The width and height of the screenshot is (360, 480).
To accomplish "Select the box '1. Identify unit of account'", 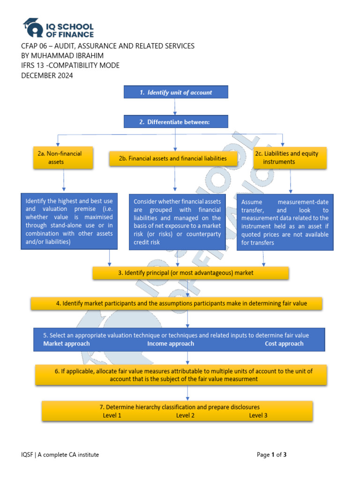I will (176, 92).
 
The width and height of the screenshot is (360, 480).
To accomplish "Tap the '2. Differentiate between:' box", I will (176, 122).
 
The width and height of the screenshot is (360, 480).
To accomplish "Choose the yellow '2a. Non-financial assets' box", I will (63, 157).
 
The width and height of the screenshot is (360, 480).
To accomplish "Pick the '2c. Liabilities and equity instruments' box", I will (290, 157).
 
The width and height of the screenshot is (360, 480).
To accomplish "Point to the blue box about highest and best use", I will (69, 221).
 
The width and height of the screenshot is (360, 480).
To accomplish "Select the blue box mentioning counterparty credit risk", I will (177, 222).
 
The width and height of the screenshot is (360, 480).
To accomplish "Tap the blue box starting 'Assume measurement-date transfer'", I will (285, 222).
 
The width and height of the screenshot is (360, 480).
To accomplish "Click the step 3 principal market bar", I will (190, 273).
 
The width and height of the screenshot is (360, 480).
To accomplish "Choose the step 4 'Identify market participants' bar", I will (176, 303).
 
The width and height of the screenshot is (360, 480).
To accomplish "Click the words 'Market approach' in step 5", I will (67, 344).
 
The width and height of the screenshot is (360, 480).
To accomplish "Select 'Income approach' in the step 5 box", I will (171, 344).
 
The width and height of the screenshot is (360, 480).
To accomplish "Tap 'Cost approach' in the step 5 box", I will (284, 344).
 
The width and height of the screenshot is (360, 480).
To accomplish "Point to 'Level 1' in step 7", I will (112, 415).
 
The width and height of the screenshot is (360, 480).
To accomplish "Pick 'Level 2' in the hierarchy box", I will (185, 415).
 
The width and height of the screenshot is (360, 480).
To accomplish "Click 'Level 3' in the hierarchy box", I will (258, 415).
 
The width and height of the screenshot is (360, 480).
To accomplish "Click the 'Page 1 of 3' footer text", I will (275, 454).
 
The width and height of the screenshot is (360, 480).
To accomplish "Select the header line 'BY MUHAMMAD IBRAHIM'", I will (64, 56).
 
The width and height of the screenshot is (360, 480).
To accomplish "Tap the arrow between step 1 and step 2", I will (175, 107).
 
